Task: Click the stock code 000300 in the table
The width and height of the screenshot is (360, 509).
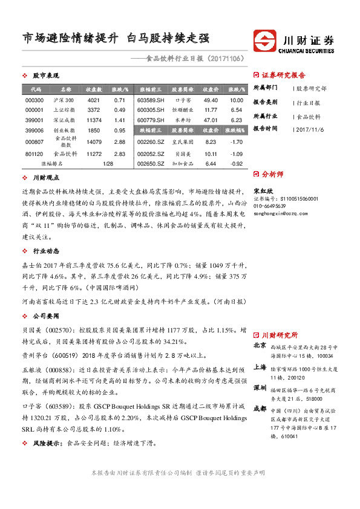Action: pyautogui.click(x=34, y=100)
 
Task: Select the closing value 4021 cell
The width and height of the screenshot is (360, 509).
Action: pyautogui.click(x=93, y=100)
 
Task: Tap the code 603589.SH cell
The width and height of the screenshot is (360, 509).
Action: pyautogui.click(x=151, y=100)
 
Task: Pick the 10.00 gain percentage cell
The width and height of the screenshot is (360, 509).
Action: pyautogui.click(x=237, y=100)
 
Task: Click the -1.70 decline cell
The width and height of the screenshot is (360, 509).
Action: pyautogui.click(x=237, y=141)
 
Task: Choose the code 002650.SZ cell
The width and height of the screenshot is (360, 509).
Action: pyautogui.click(x=151, y=163)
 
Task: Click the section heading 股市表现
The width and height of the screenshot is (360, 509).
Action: pyautogui.click(x=45, y=76)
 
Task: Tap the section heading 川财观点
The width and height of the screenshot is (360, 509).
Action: pyautogui.click(x=45, y=178)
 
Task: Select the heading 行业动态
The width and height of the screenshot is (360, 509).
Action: pyautogui.click(x=45, y=250)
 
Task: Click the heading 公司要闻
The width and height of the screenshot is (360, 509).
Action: pyautogui.click(x=45, y=316)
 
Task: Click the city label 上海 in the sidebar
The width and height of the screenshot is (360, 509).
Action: pyautogui.click(x=260, y=366)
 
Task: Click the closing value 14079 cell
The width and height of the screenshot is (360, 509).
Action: pyautogui.click(x=93, y=141)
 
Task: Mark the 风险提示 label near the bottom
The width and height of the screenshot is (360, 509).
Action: pyautogui.click(x=48, y=443)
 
